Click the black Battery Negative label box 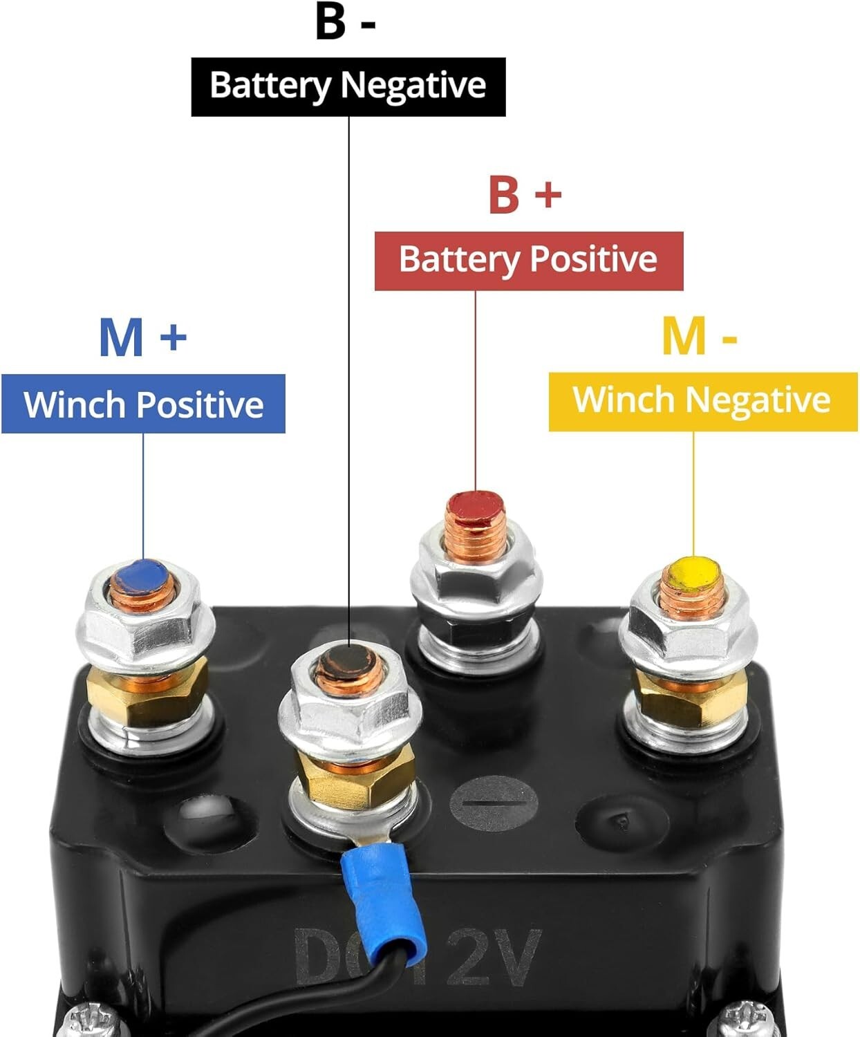point(348,86)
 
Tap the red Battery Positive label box point(529,261)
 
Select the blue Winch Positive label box point(143,404)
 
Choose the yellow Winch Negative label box point(702,401)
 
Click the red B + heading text point(524,195)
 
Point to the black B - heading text point(345,22)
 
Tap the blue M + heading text point(142,337)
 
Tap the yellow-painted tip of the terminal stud point(693,573)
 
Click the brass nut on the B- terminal point(353,778)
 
